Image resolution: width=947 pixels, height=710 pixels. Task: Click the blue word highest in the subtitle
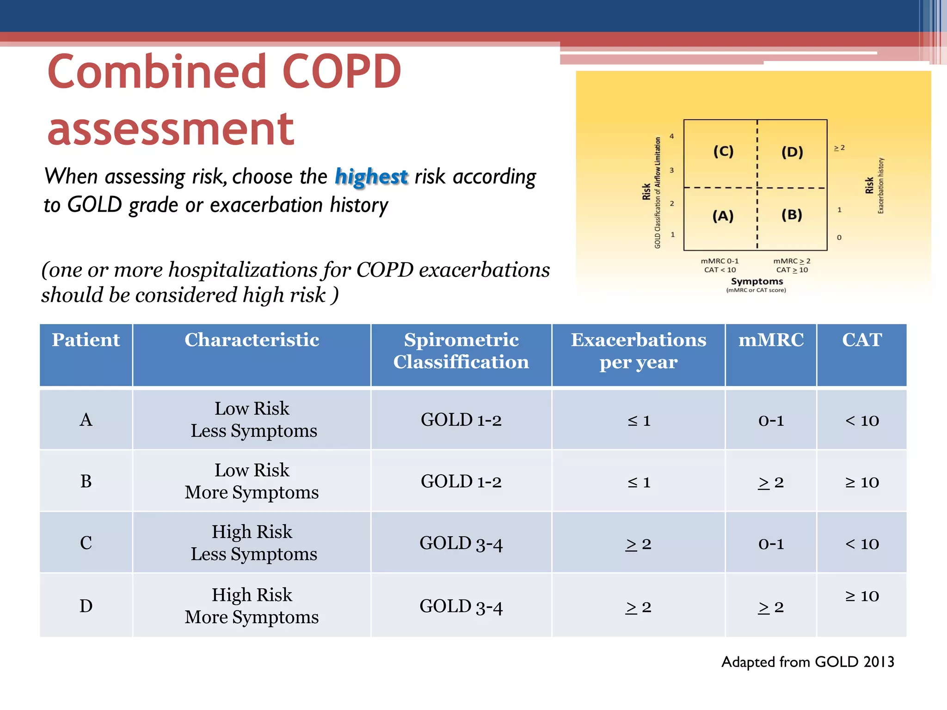[x=371, y=177]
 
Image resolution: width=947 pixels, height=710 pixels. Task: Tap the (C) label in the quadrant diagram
[x=723, y=151]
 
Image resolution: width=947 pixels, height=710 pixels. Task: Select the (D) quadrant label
[x=792, y=152]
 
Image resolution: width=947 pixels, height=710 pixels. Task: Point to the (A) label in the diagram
[x=723, y=216]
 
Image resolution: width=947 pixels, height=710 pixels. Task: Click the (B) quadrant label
[x=792, y=214]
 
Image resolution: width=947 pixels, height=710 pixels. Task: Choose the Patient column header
[x=86, y=340]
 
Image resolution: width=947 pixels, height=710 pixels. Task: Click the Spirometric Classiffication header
[x=461, y=351]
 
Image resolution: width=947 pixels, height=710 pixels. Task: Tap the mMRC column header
[x=771, y=340]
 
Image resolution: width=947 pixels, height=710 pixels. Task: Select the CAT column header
[x=861, y=340]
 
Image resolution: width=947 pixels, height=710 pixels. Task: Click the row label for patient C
[x=86, y=543]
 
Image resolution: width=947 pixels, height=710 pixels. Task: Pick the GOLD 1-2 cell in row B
[x=461, y=482]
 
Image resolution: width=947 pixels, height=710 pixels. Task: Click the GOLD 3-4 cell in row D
[x=461, y=606]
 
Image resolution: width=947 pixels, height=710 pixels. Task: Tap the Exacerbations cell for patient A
[x=639, y=421]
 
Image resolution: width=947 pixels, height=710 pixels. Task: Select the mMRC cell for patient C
[x=771, y=544]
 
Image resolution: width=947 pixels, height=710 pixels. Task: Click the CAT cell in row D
[x=861, y=596]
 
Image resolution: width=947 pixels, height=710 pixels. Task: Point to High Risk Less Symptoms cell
[x=252, y=543]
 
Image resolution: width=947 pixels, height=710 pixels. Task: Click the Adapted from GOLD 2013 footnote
[x=807, y=662]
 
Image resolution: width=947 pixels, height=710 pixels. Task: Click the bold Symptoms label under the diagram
[x=756, y=281]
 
